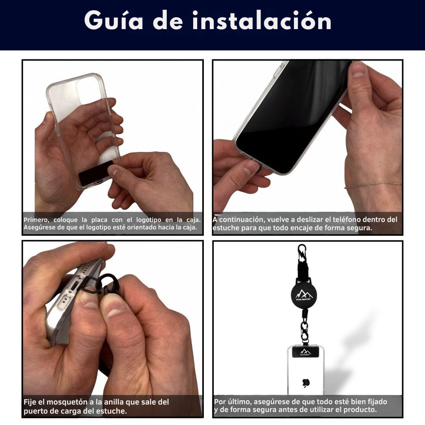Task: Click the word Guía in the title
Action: point(114,21)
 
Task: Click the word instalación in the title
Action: point(262,21)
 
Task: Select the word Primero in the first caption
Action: point(36,220)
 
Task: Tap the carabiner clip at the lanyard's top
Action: point(302,252)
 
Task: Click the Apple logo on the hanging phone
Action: point(305,382)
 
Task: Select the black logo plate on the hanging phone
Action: point(305,352)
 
